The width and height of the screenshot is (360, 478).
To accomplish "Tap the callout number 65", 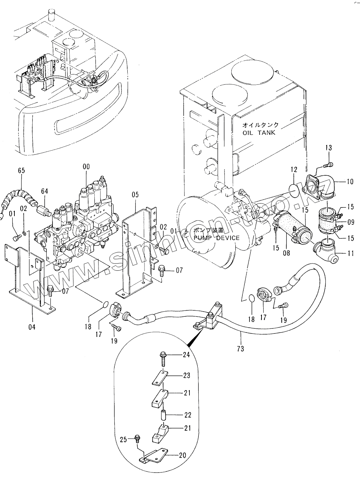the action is pyautogui.click(x=22, y=171).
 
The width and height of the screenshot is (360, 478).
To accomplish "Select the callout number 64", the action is pyautogui.click(x=44, y=191).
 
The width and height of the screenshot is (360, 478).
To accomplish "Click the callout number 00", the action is pyautogui.click(x=86, y=167).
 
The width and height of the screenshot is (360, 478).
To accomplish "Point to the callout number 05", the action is pyautogui.click(x=135, y=195).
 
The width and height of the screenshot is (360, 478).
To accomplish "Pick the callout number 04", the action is pyautogui.click(x=32, y=327).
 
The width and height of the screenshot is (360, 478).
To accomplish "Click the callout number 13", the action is pyautogui.click(x=329, y=148).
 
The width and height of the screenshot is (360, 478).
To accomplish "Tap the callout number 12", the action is pyautogui.click(x=294, y=170).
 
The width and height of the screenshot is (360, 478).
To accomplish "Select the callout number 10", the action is pyautogui.click(x=350, y=182).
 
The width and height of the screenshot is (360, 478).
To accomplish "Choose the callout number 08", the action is pyautogui.click(x=287, y=253).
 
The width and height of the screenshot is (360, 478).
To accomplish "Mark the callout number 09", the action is pyautogui.click(x=351, y=222).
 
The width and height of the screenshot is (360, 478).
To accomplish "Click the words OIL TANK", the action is pyautogui.click(x=259, y=132).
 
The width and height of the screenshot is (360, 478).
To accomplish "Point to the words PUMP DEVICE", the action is pyautogui.click(x=217, y=238).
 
